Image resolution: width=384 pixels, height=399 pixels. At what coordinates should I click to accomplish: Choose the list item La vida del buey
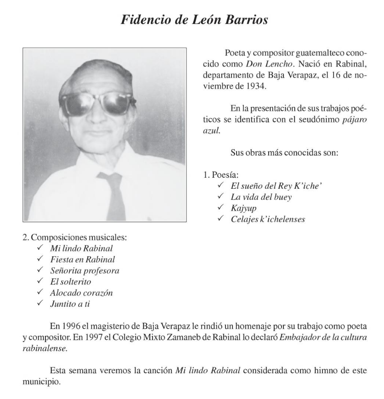coord(261,197)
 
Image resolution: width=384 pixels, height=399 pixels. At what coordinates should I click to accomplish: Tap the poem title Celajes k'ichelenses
coord(268,219)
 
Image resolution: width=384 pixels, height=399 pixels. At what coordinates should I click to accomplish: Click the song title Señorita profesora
coord(85,271)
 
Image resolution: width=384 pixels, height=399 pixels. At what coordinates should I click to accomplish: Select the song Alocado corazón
coord(81,293)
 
